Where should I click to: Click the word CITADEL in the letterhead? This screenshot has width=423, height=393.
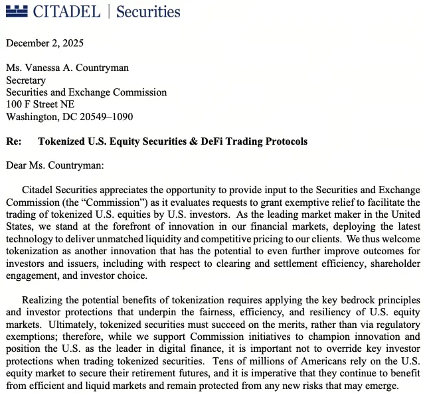(x=66, y=11)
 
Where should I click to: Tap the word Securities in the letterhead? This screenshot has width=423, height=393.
(x=148, y=11)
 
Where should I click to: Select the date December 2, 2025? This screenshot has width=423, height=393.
(x=44, y=44)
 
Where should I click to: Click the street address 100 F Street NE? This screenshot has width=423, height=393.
(x=40, y=104)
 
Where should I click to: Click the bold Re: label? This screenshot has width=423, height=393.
(x=13, y=141)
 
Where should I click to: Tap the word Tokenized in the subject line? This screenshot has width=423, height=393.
(x=61, y=141)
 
